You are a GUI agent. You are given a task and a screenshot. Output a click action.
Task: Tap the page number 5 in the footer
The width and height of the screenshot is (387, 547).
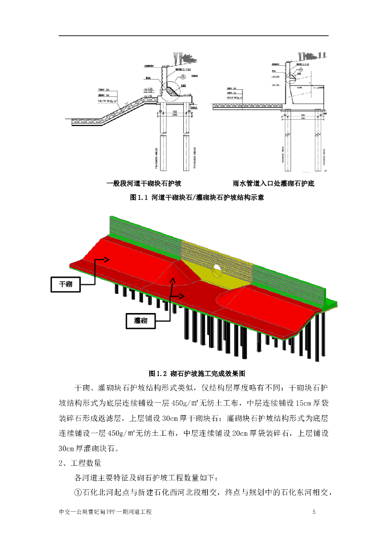point(314,512)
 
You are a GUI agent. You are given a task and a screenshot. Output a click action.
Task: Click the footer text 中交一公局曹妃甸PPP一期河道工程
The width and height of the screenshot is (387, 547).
point(105,512)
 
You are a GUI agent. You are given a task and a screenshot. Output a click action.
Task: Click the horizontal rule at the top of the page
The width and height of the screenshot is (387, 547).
point(193,35)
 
